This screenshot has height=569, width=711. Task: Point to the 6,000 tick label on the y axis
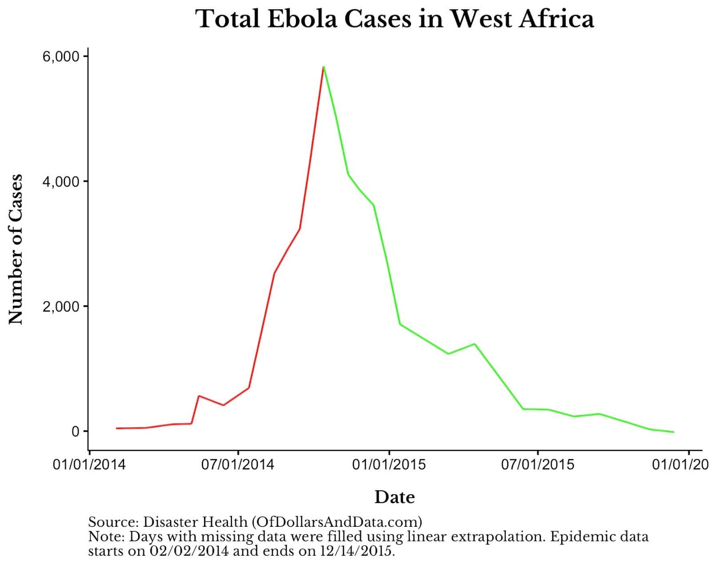(61, 56)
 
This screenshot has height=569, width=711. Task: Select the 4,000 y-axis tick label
(61, 181)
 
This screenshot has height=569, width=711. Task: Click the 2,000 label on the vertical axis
(61, 306)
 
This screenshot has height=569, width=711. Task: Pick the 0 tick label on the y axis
(75, 431)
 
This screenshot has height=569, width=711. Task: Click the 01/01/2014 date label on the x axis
(89, 465)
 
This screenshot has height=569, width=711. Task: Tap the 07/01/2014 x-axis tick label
(238, 465)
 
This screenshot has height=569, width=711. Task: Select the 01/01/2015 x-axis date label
(389, 465)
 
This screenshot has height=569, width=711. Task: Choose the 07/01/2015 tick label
(538, 465)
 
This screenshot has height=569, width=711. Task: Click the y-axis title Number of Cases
(16, 249)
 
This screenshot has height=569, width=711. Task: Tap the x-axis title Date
(395, 497)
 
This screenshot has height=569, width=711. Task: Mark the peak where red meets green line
(324, 67)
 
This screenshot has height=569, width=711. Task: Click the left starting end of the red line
(116, 428)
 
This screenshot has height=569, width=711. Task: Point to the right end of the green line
(673, 432)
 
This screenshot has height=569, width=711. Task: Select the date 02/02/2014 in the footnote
(189, 551)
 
